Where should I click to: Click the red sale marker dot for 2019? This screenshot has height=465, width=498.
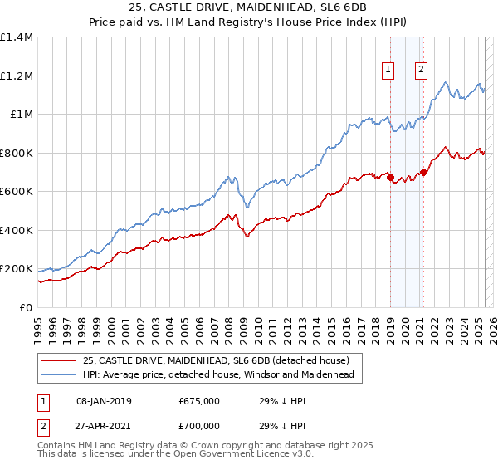390,177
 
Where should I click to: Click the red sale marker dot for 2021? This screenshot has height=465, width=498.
423,172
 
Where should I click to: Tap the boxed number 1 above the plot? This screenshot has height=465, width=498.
388,70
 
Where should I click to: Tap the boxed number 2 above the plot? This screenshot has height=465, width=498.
422,70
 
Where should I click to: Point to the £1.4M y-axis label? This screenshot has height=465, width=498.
17,37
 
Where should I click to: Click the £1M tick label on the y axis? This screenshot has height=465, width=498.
21,115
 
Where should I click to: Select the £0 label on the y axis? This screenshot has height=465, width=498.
27,308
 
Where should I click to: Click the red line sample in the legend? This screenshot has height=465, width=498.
57,360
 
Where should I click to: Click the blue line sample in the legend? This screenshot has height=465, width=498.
57,375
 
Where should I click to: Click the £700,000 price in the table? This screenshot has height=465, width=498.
199,425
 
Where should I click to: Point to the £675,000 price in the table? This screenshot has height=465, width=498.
199,401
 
